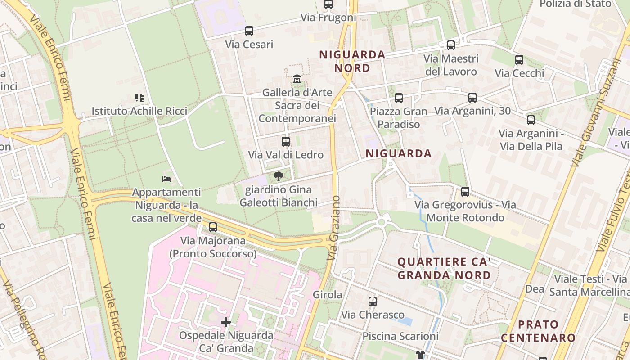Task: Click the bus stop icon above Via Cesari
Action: pyautogui.click(x=249, y=31)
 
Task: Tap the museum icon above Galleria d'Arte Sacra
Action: pyautogui.click(x=297, y=79)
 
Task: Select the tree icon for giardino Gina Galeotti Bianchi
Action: pyautogui.click(x=279, y=176)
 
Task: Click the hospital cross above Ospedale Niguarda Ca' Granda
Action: pyautogui.click(x=226, y=322)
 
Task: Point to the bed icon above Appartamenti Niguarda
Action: pyautogui.click(x=166, y=179)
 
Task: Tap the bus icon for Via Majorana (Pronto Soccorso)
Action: pyautogui.click(x=213, y=227)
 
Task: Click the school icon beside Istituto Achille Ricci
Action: pyautogui.click(x=139, y=97)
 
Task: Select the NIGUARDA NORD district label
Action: pyautogui.click(x=352, y=62)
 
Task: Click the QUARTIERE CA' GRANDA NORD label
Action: pyautogui.click(x=444, y=268)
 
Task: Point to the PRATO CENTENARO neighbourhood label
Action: pyautogui.click(x=538, y=331)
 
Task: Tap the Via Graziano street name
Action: pyautogui.click(x=334, y=228)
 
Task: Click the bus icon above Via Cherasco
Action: pyautogui.click(x=373, y=301)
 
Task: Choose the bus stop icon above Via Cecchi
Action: pyautogui.click(x=519, y=60)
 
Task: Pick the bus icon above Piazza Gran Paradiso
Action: pyautogui.click(x=398, y=98)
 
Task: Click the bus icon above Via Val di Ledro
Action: pyautogui.click(x=285, y=142)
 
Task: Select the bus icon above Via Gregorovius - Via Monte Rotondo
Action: pyautogui.click(x=465, y=191)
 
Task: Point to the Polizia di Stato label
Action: pyautogui.click(x=576, y=4)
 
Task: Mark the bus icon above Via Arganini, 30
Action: pyautogui.click(x=472, y=97)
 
